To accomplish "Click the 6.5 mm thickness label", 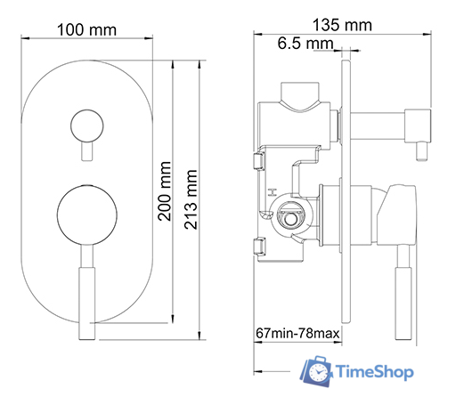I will coord(301,44).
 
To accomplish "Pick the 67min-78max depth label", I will coord(297,333).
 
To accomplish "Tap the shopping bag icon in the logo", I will coord(317,369).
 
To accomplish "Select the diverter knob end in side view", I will coord(417,120).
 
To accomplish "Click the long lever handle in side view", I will coord(401,294).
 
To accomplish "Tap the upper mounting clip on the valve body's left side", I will coord(258,161).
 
